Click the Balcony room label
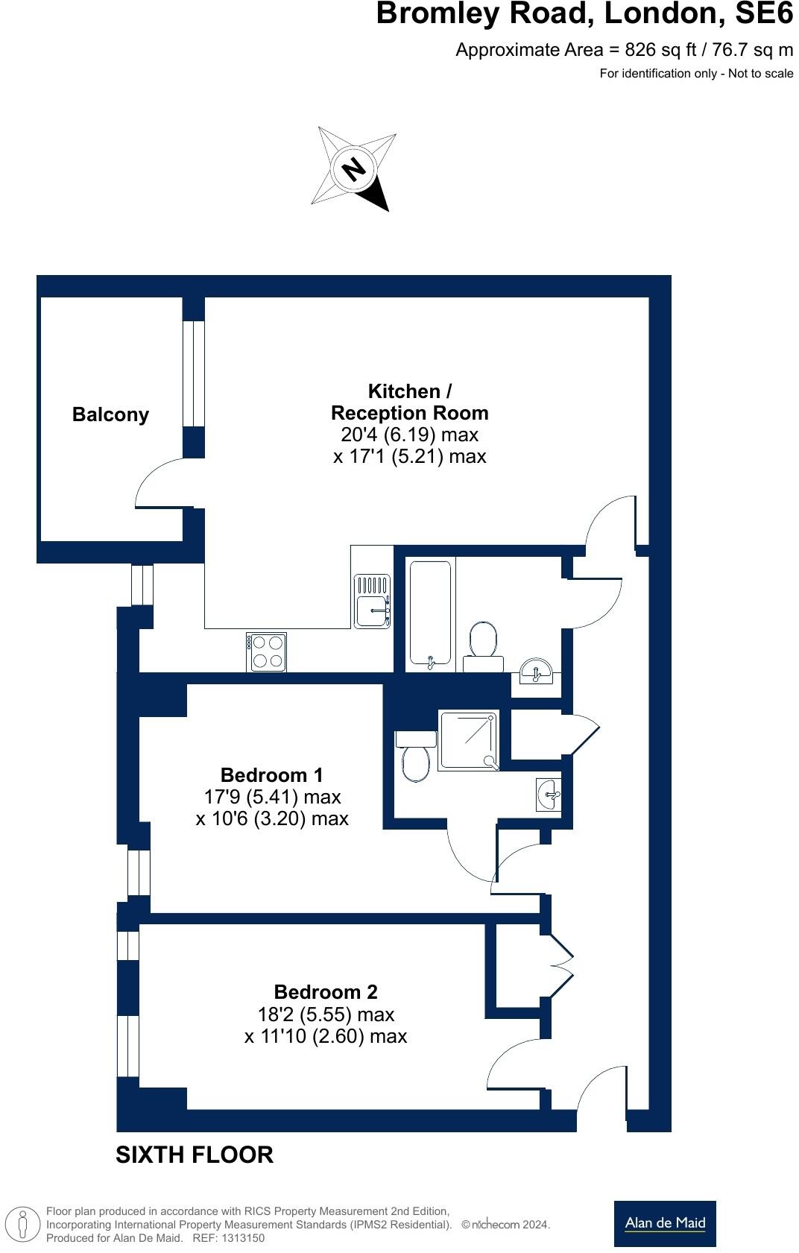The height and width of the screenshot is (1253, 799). pyautogui.click(x=110, y=414)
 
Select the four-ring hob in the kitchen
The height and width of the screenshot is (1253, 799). pyautogui.click(x=266, y=651)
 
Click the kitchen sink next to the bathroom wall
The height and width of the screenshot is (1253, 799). pyautogui.click(x=372, y=601)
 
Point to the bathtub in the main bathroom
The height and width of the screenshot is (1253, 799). pyautogui.click(x=430, y=613)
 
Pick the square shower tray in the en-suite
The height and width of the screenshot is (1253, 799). pyautogui.click(x=468, y=739)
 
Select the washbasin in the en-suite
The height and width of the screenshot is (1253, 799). pyautogui.click(x=548, y=794)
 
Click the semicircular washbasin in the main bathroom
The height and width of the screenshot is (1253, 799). pyautogui.click(x=535, y=671)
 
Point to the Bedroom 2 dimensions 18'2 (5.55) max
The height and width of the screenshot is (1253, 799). pyautogui.click(x=326, y=1014)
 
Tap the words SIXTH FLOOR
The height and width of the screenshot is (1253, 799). pyautogui.click(x=195, y=1155)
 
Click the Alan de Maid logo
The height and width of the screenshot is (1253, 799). pyautogui.click(x=665, y=1223)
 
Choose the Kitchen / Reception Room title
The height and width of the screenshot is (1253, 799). pyautogui.click(x=409, y=402)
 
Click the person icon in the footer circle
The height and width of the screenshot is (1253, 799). pyautogui.click(x=23, y=1225)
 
